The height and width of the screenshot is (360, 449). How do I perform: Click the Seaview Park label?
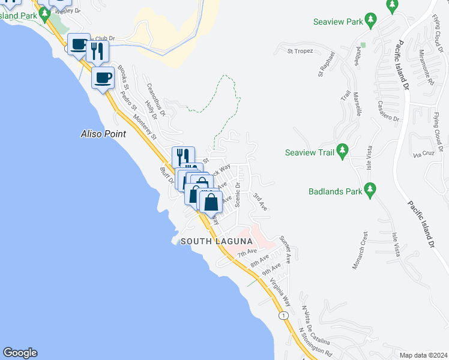[x=339, y=22]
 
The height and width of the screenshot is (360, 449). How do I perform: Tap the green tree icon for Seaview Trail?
[x=342, y=151]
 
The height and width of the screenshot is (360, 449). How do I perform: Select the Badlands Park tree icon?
[x=370, y=191]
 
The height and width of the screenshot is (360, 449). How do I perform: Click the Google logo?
[x=20, y=353]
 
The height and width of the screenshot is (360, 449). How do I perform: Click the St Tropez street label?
[x=300, y=52]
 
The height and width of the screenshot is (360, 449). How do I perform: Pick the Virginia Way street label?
[x=280, y=292]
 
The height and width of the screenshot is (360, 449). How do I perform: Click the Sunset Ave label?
[x=285, y=249]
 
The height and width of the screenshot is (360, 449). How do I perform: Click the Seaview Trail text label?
[x=309, y=152]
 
